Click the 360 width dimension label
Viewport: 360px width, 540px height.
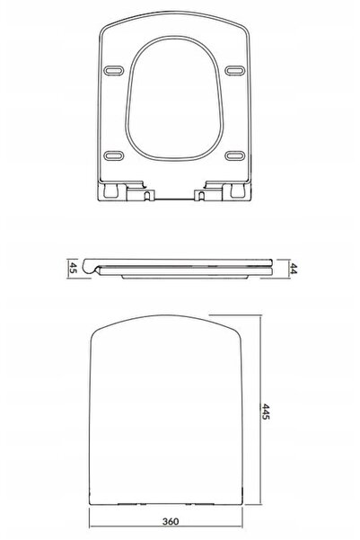pos(171,521)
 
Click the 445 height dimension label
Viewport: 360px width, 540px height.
pos(266,412)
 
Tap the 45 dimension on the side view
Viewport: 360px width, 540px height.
pos(73,268)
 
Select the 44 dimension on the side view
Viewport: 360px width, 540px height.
pos(293,269)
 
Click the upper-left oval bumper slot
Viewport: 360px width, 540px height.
pos(113,70)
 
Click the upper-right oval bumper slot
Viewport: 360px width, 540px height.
pos(235,70)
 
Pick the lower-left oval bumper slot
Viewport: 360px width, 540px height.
pos(114,156)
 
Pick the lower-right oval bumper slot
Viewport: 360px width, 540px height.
pos(235,156)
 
